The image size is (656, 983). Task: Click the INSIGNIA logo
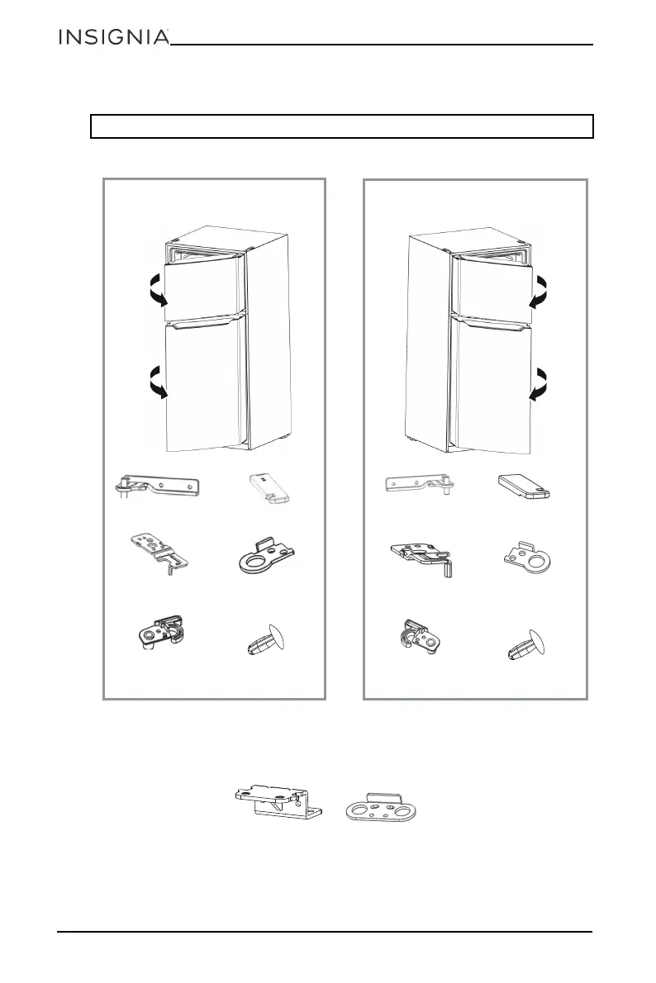click(113, 38)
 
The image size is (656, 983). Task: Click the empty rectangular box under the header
click(342, 126)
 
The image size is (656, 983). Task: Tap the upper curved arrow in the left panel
click(155, 292)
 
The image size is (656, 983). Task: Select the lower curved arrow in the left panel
click(155, 383)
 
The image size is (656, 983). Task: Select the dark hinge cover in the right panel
click(526, 487)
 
